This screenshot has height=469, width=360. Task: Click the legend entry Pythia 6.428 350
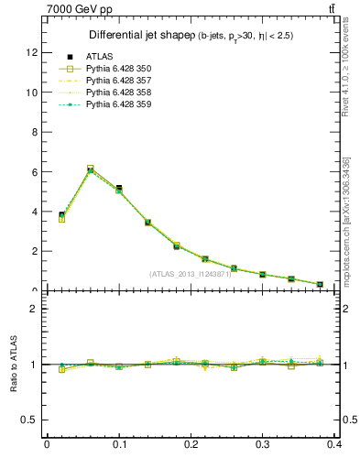[x=120, y=69]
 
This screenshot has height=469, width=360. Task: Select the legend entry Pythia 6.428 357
[x=120, y=81]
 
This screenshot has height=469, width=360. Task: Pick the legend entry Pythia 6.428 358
[x=120, y=93]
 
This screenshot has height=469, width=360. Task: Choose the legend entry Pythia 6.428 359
[x=120, y=104]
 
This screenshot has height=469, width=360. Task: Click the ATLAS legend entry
[x=98, y=57]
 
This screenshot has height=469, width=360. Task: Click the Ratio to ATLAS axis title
[x=13, y=364]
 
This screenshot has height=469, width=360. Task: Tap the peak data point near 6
[x=90, y=169]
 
